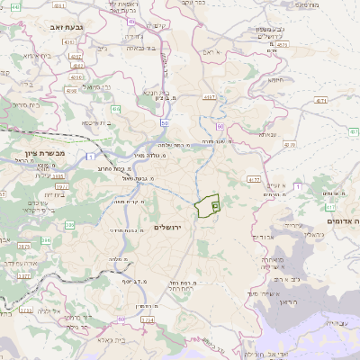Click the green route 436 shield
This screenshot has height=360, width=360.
pos(115,109)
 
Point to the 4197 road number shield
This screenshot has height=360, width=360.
pos(209,97)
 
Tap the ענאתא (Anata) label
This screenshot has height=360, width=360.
pos(267,134)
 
